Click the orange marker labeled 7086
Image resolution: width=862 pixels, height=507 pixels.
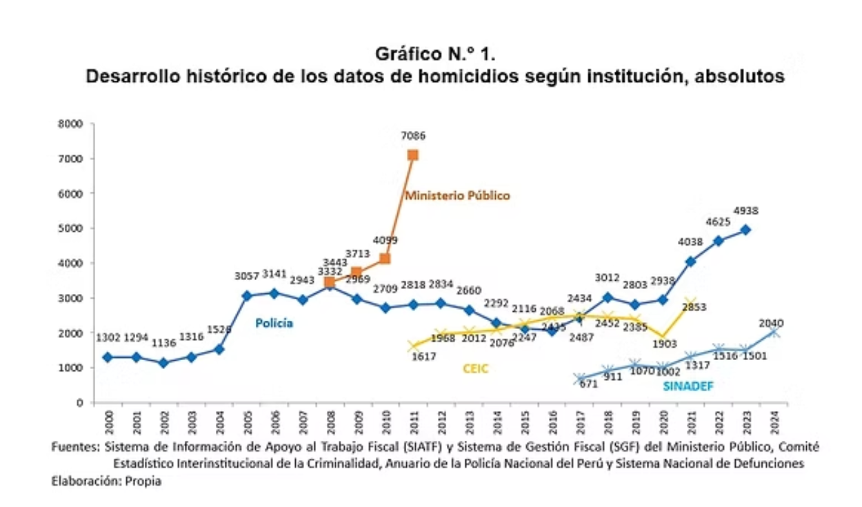coord(412,155)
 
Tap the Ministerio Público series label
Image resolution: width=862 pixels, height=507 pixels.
coord(457,196)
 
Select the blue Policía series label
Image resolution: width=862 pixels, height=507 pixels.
coord(274,323)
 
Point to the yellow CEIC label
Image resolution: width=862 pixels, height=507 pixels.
coord(475,369)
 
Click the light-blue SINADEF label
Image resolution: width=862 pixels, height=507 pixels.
coord(686,386)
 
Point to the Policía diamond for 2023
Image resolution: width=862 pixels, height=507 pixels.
coord(745,230)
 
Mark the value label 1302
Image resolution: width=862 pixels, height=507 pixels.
coord(109,339)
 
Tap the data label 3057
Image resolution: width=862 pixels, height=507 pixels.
coord(247,276)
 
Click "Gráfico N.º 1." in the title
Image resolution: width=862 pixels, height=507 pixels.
coord(434,54)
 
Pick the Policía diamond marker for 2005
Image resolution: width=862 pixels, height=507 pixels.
coord(247,296)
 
